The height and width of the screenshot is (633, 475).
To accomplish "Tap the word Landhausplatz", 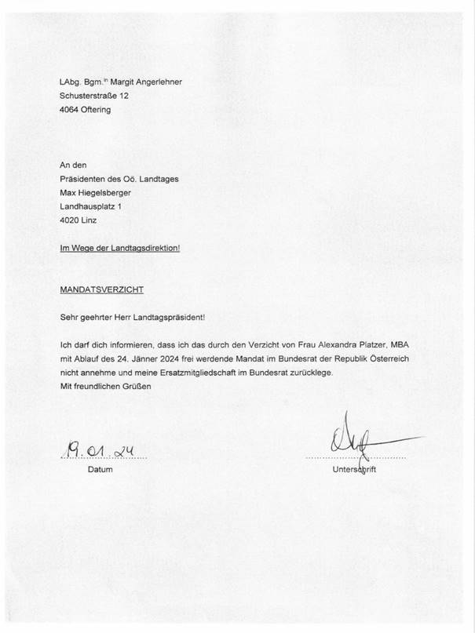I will point(88,206).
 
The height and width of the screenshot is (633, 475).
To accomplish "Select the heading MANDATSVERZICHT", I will point(101,289).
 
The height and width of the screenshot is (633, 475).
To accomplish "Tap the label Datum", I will point(100,470).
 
